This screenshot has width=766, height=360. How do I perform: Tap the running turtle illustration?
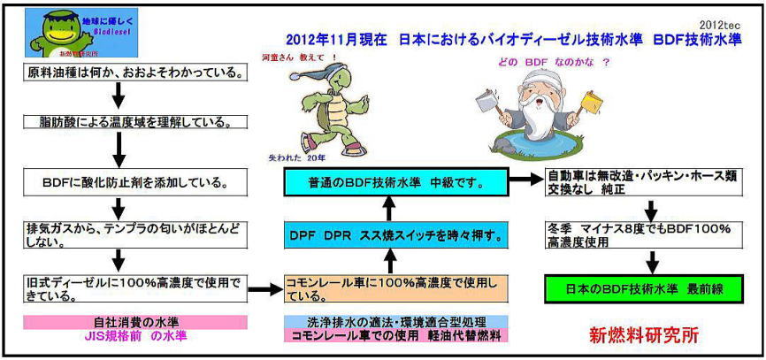tap(307, 107)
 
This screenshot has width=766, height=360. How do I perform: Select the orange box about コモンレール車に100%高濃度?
tap(395, 288)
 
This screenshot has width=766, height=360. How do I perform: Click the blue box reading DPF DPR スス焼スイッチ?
tap(395, 236)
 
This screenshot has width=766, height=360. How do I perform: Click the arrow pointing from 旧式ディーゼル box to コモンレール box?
tap(262, 288)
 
